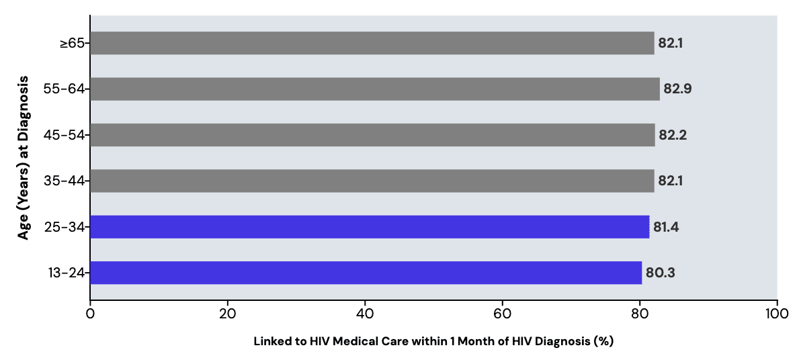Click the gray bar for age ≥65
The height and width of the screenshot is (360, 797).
coord(372,43)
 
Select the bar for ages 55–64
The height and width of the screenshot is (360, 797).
coord(374,89)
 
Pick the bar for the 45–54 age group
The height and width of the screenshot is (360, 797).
coord(372,135)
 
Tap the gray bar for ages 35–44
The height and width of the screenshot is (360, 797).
coord(372,181)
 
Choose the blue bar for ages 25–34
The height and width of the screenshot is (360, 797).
coord(370,227)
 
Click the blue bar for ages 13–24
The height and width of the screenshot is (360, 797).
coord(366,273)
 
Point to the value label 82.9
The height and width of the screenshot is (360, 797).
coord(677,89)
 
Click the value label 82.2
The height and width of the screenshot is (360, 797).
coord(672,135)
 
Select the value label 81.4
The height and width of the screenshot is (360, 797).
coord(666,227)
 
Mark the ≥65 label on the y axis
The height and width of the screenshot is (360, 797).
coord(72,43)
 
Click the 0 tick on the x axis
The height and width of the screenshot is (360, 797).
coord(90,313)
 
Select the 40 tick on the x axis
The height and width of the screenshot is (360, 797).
coord(365,313)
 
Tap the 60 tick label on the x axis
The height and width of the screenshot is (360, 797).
coord(502,313)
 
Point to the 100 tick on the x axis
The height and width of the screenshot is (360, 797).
coord(777,313)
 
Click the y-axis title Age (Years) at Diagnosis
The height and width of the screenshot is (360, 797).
coord(24,158)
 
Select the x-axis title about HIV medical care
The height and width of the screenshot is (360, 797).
coord(433,341)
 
